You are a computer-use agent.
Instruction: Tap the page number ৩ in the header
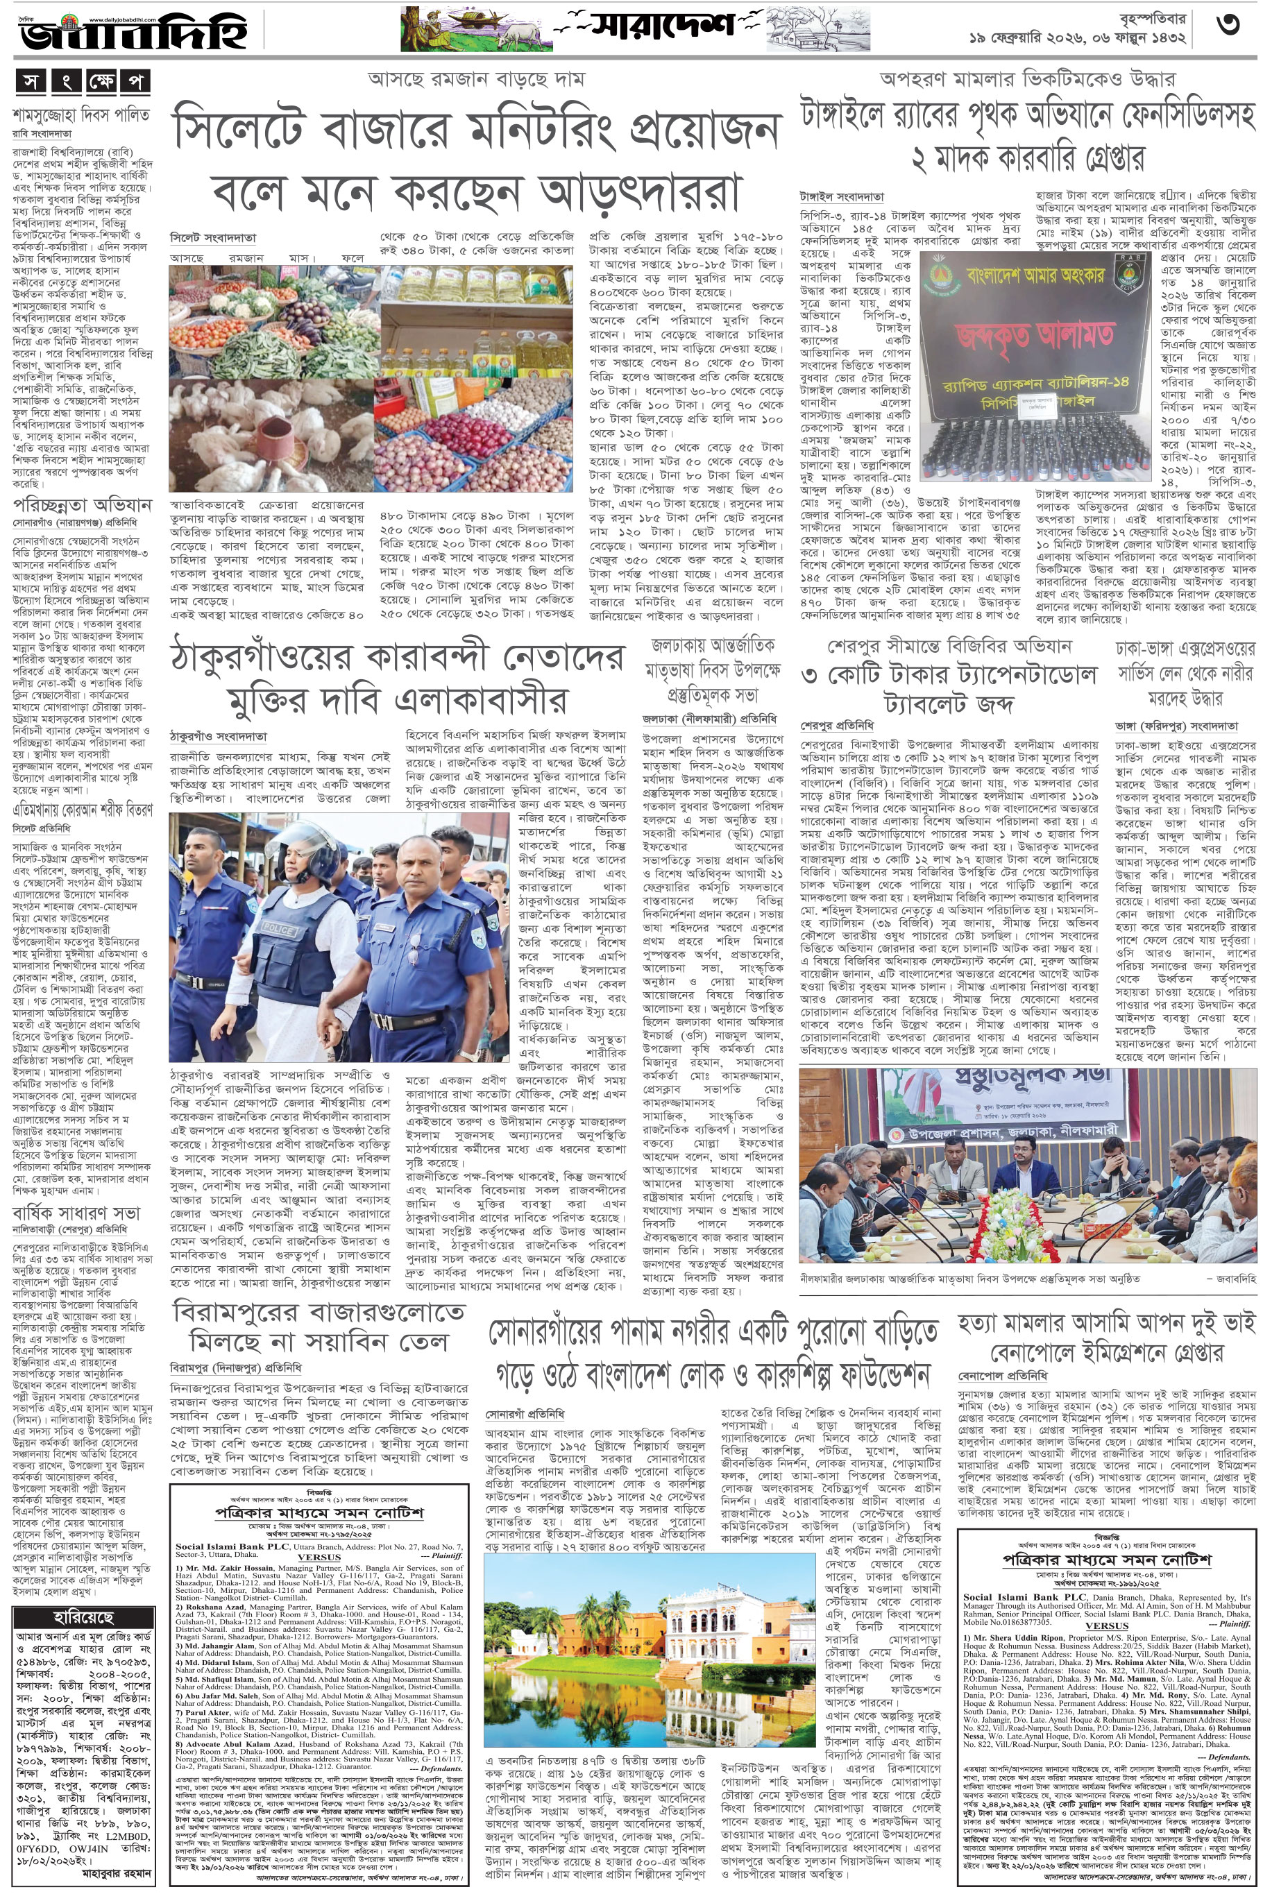[x=1228, y=26]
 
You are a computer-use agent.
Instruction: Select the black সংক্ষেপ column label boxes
[x=81, y=82]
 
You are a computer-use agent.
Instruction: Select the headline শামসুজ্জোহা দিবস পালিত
[x=81, y=115]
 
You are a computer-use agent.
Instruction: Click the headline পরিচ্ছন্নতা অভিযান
[x=81, y=505]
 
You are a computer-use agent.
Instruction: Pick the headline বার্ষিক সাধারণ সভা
[x=76, y=1212]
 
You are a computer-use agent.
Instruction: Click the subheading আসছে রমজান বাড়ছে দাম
[x=476, y=79]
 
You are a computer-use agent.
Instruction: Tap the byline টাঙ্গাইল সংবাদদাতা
[x=841, y=196]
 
